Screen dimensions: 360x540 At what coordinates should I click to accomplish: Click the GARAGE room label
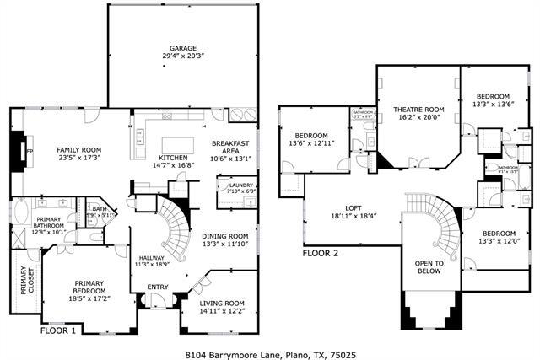pyautogui.click(x=182, y=48)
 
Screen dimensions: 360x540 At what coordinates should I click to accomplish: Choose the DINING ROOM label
pyautogui.click(x=225, y=236)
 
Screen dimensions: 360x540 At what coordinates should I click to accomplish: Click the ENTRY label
pyautogui.click(x=158, y=287)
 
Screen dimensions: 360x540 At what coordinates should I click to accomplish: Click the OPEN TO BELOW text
pyautogui.click(x=429, y=268)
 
